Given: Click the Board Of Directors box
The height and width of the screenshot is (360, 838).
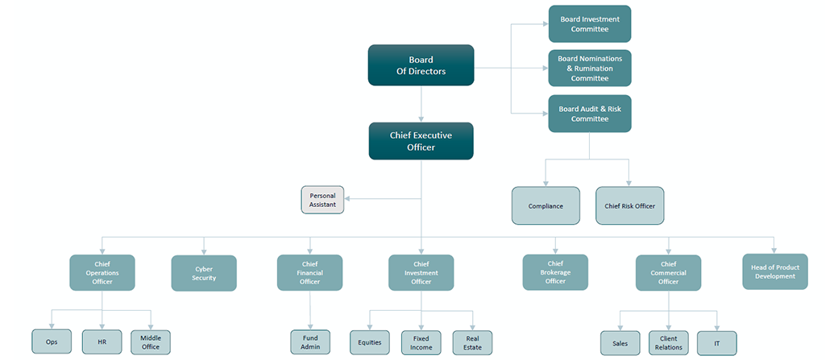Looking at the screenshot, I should [x=421, y=65].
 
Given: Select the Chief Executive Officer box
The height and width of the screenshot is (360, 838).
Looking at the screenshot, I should [x=421, y=141].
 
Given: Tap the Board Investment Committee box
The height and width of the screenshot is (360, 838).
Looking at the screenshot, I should [x=589, y=24].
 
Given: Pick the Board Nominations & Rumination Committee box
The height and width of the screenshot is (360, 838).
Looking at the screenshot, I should [x=589, y=68].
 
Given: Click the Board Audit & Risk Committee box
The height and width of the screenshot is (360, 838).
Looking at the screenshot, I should [x=589, y=114].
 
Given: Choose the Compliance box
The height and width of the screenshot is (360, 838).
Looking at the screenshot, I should [x=546, y=205].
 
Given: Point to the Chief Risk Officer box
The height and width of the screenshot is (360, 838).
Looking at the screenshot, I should [x=629, y=205].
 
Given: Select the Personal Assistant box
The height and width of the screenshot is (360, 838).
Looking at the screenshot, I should [x=322, y=200].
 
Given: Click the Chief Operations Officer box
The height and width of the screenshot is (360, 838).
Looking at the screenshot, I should [x=102, y=272].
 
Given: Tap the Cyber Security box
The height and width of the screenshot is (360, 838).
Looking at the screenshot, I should [x=204, y=272].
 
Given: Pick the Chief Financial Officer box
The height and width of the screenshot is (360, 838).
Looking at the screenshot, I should [x=309, y=272].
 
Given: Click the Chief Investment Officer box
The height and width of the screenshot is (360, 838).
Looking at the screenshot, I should [x=421, y=272].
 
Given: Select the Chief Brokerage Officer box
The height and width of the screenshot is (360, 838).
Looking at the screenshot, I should [x=555, y=272].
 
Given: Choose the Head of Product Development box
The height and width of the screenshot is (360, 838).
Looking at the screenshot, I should [x=774, y=271].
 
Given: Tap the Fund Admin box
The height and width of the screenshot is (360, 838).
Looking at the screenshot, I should [x=309, y=342].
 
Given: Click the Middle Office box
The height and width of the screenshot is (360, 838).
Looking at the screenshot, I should [x=151, y=342].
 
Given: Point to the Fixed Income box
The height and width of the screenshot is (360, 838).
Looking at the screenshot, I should [x=421, y=342].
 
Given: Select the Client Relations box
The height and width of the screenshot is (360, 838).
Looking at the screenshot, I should [x=668, y=342].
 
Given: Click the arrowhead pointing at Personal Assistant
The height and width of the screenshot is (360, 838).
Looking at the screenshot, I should [x=349, y=199].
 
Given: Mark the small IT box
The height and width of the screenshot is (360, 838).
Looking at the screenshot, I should [x=716, y=342].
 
